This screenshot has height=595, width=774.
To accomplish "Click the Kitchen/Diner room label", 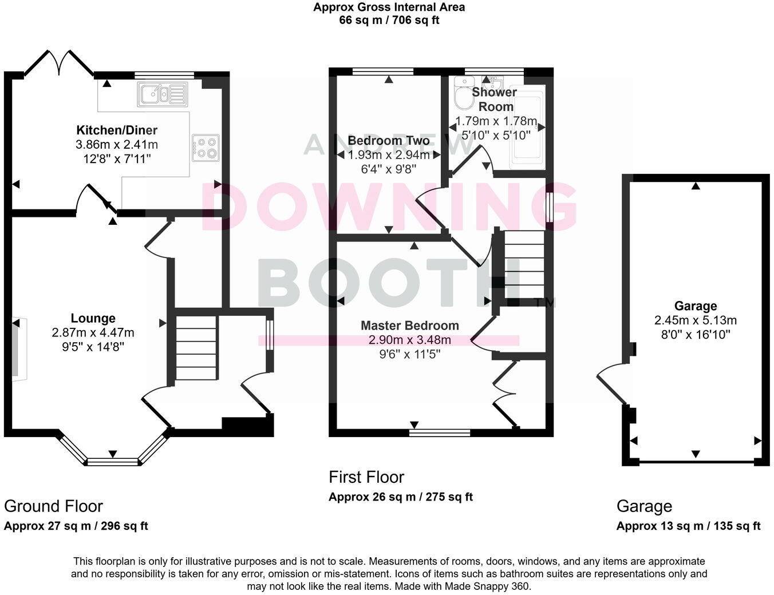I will coord(117,130).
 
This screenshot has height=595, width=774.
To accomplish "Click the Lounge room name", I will coord(93,319).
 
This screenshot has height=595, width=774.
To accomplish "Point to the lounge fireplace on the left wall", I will coord(18,347).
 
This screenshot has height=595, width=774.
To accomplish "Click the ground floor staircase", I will coord(196,347).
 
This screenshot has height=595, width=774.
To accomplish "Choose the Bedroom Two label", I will coord(388,141).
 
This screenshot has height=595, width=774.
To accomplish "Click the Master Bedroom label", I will coord(409,326).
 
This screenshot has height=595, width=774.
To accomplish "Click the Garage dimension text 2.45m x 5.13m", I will coord(696,320).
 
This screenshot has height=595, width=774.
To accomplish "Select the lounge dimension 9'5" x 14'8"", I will coord(93,346).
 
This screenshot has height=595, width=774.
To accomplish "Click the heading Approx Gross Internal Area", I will coord(389,7).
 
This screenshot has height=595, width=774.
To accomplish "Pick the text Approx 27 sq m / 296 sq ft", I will coord(76,526).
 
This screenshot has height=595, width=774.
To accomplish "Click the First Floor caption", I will coord(366,477).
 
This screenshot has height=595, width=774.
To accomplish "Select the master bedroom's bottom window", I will coord(440,433).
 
